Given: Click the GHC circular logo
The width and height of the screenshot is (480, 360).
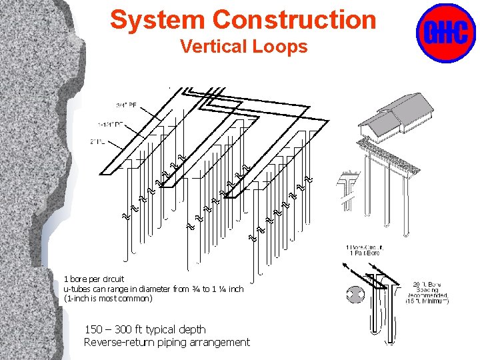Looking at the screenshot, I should tap(445, 33).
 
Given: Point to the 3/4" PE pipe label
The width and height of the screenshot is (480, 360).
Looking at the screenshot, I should tap(126, 105).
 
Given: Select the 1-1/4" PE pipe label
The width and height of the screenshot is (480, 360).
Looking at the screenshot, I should tap(113, 124).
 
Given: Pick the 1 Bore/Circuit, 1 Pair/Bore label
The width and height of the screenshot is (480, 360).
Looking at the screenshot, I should tap(364, 251).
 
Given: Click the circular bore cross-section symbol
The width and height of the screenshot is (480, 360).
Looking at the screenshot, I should tap(355, 295).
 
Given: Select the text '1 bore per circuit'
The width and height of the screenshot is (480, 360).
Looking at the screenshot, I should tap(94, 279).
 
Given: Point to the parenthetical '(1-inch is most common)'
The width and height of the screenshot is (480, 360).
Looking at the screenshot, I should tap(108, 299).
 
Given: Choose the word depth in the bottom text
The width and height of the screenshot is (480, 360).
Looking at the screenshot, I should tap(193, 329).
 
